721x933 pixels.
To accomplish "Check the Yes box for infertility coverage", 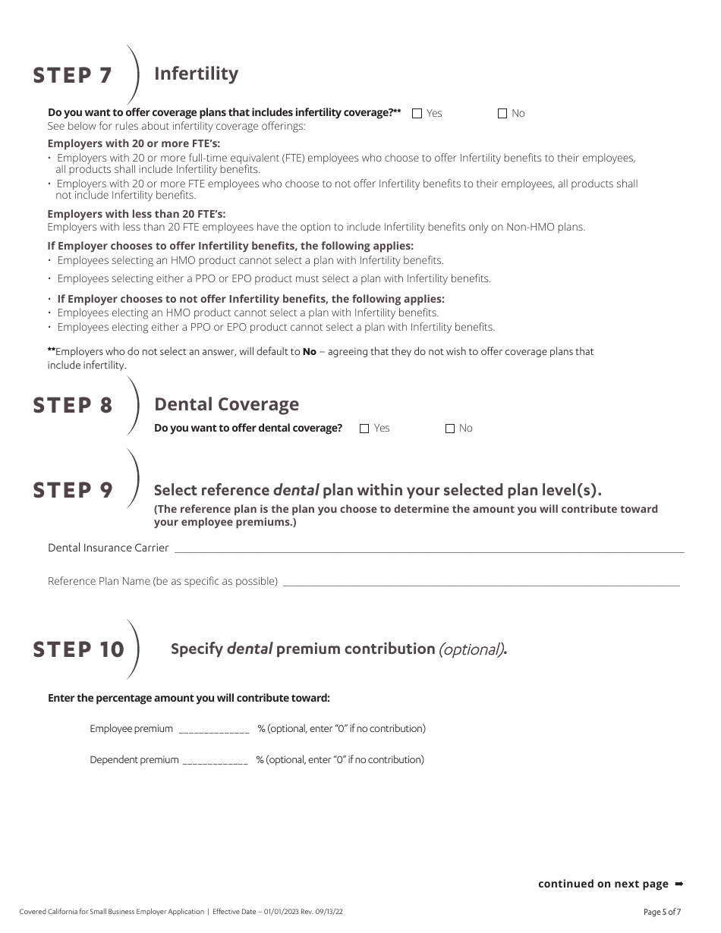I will coord(417,114).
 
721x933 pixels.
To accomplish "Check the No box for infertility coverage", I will coord(502,114).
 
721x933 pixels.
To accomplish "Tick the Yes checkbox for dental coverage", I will coord(364,429).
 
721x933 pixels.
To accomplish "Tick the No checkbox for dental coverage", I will coord(450,429).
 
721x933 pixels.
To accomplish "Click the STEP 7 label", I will coord(73,76).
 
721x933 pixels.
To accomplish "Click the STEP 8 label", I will coord(73,406).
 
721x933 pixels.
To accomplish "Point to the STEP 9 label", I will coord(73,491).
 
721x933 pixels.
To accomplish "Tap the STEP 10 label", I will coord(79,650).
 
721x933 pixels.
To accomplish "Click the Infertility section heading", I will coord(196,74).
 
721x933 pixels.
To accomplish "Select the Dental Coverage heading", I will coord(226,404).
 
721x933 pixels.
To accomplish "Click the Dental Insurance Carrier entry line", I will coord(429,548).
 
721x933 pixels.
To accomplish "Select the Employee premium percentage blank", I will coord(214,730).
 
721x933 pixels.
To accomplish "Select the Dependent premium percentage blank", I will coord(216,761).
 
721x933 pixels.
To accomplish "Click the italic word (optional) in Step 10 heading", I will coord(471,649).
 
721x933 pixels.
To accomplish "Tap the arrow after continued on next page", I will coord(678,884).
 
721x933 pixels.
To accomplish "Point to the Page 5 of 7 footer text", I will coord(662,912).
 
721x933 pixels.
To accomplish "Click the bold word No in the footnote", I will coord(309,352).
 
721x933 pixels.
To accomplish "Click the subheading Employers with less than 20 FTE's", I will coord(137,214).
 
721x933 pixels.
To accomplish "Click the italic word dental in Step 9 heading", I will coord(296,490).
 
